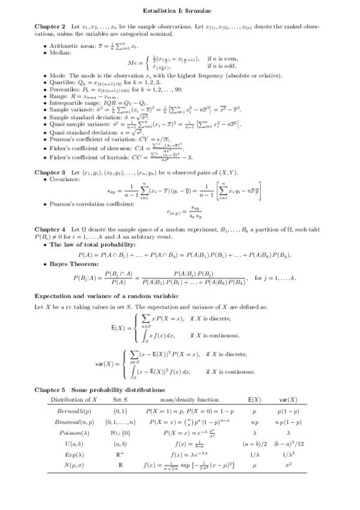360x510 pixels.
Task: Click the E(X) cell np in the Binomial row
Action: pyautogui.click(x=254, y=422)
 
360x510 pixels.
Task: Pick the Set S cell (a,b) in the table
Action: pyautogui.click(x=120, y=443)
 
